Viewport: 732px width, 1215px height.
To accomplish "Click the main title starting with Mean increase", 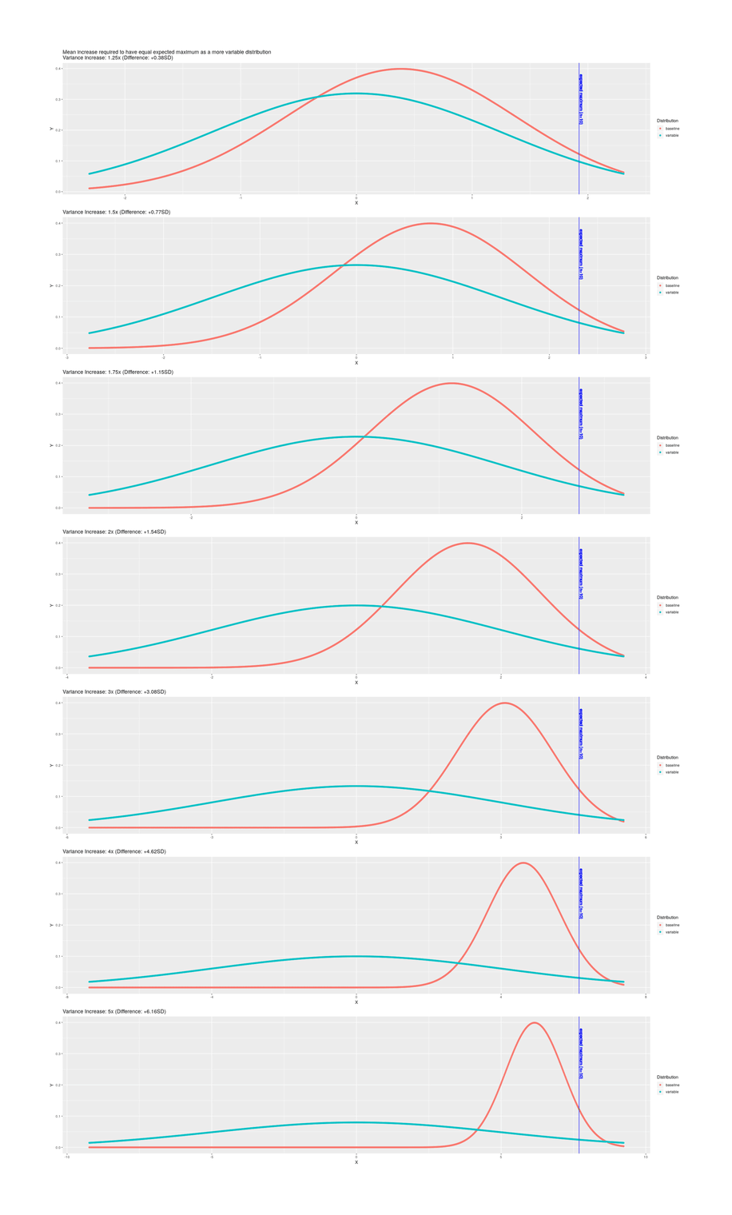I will [x=166, y=52].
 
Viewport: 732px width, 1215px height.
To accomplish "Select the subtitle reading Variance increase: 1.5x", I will [x=116, y=212].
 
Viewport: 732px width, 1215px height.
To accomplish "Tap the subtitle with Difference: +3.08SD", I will [x=114, y=691].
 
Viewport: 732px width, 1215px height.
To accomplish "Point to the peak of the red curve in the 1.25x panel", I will [x=401, y=69].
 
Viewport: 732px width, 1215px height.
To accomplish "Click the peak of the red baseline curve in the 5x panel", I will [x=535, y=1022].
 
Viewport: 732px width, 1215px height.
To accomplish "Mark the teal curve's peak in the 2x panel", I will [x=356, y=605].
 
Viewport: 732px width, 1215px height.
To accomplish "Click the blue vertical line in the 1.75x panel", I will [x=579, y=464].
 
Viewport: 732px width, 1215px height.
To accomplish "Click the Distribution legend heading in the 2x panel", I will [x=667, y=597].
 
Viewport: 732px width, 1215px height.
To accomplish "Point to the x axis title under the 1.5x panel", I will [x=356, y=363].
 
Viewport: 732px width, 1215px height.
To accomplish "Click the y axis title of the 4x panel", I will [x=51, y=925].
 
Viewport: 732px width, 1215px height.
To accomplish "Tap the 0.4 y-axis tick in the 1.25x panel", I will [x=58, y=69].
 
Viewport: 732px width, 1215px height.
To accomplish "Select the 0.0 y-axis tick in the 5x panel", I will [x=58, y=1147].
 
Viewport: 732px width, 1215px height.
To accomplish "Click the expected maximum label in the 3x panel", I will [x=581, y=733].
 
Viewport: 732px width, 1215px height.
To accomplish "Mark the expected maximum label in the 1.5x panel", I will [x=581, y=254].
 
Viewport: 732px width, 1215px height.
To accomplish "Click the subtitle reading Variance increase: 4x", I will [x=114, y=851].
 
